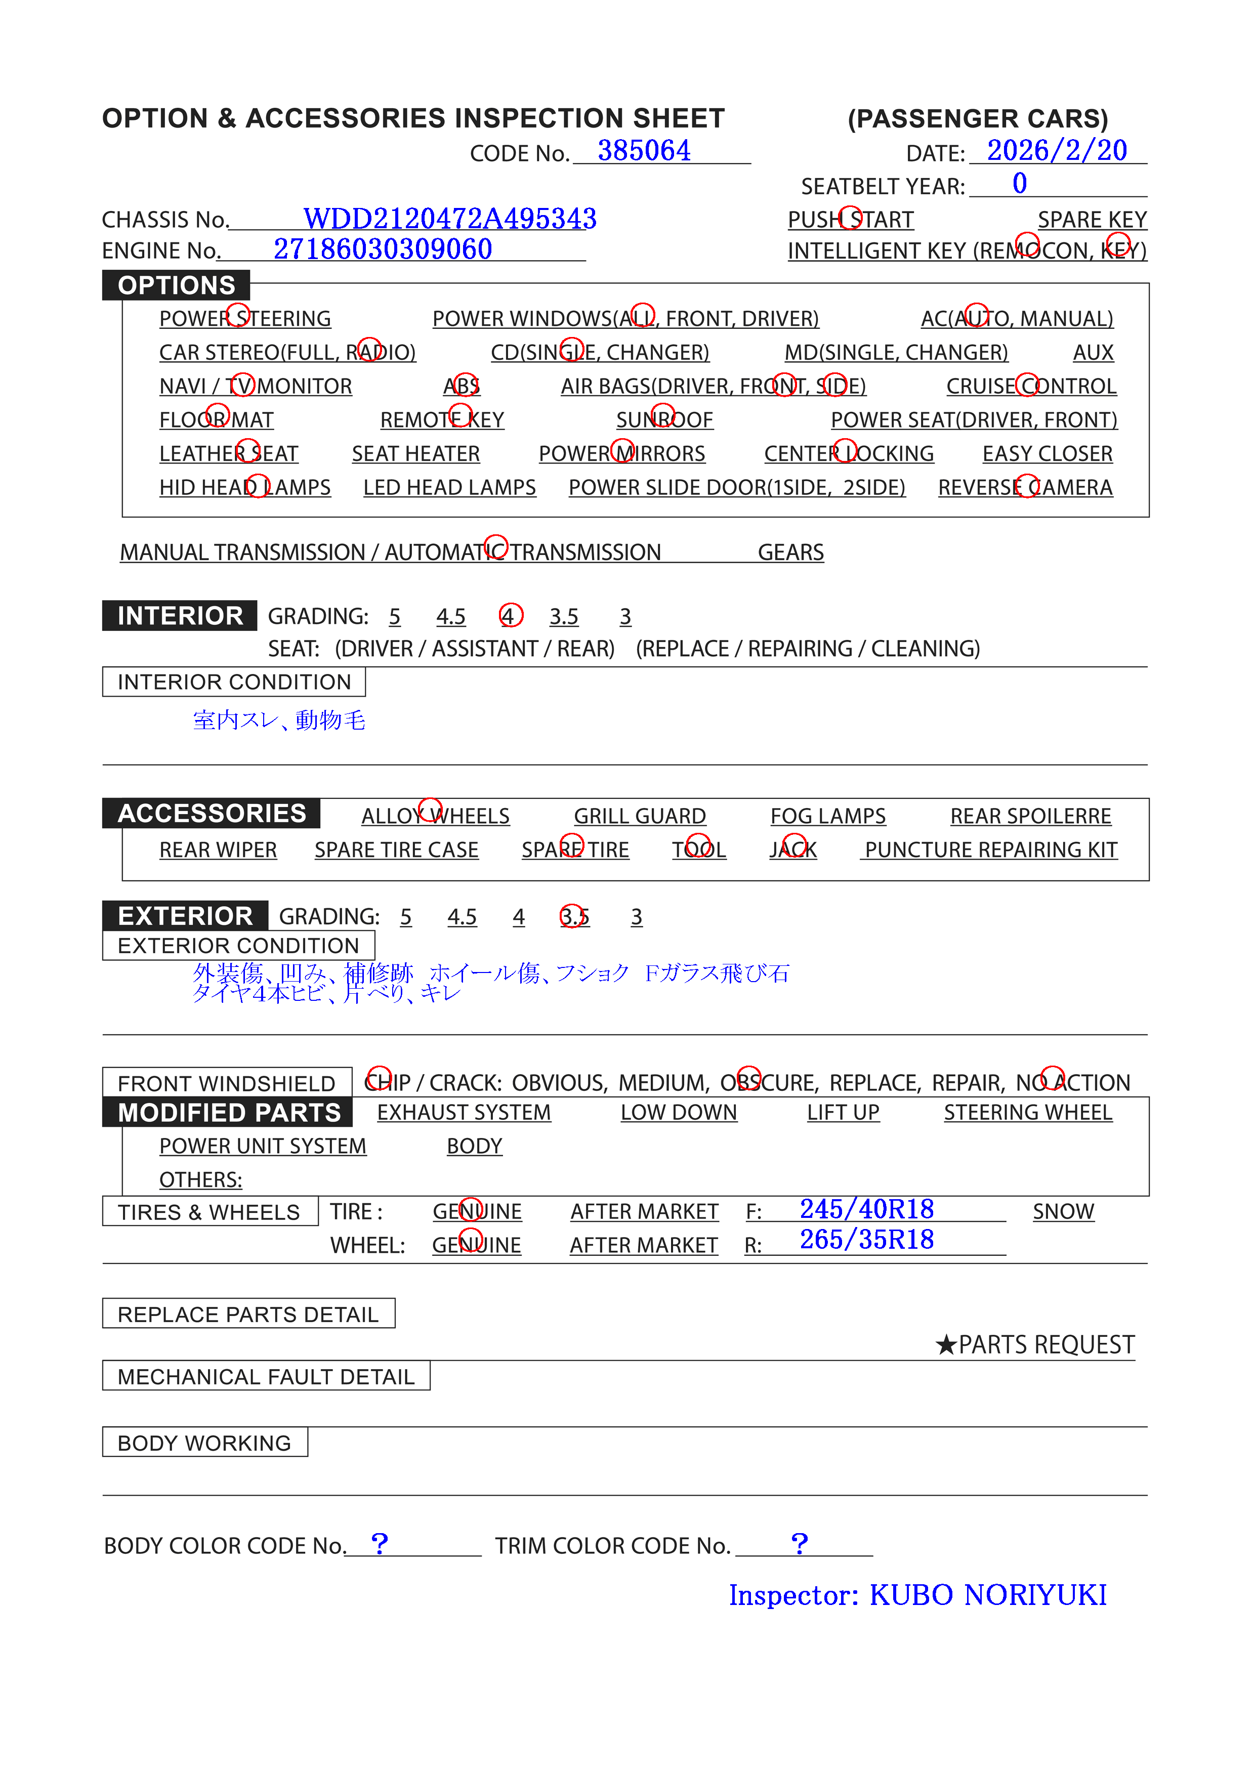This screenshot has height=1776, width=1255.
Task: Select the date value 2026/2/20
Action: [1056, 151]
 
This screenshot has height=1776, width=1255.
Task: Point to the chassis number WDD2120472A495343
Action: [449, 219]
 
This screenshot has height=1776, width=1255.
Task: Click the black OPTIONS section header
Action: [177, 285]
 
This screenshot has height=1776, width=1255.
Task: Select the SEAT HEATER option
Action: [415, 454]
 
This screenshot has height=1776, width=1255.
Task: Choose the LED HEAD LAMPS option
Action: [449, 488]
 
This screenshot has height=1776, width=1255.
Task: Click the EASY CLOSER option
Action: [1047, 454]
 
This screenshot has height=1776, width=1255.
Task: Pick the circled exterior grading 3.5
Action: [574, 917]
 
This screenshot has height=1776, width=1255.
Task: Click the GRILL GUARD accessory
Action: [639, 816]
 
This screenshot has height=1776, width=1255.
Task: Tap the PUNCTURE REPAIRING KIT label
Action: [990, 850]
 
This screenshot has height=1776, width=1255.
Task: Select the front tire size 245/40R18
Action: [866, 1209]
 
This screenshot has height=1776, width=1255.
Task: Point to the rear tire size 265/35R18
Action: [866, 1240]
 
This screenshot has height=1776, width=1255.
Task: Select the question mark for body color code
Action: [379, 1544]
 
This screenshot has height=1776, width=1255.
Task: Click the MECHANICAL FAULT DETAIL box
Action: [266, 1377]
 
